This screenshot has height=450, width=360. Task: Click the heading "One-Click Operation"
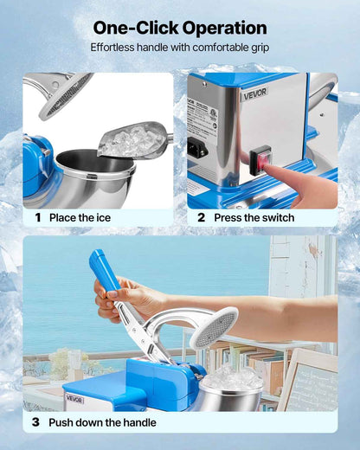(x=179, y=28)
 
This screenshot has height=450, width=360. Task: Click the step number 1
(x=38, y=218)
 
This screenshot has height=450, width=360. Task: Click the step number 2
(x=202, y=218)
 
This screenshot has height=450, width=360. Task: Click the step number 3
(x=36, y=422)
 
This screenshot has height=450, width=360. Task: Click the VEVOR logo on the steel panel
(x=254, y=91)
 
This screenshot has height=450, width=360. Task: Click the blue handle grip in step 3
(x=103, y=271)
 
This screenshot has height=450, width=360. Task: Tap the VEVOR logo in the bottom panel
(x=75, y=399)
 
